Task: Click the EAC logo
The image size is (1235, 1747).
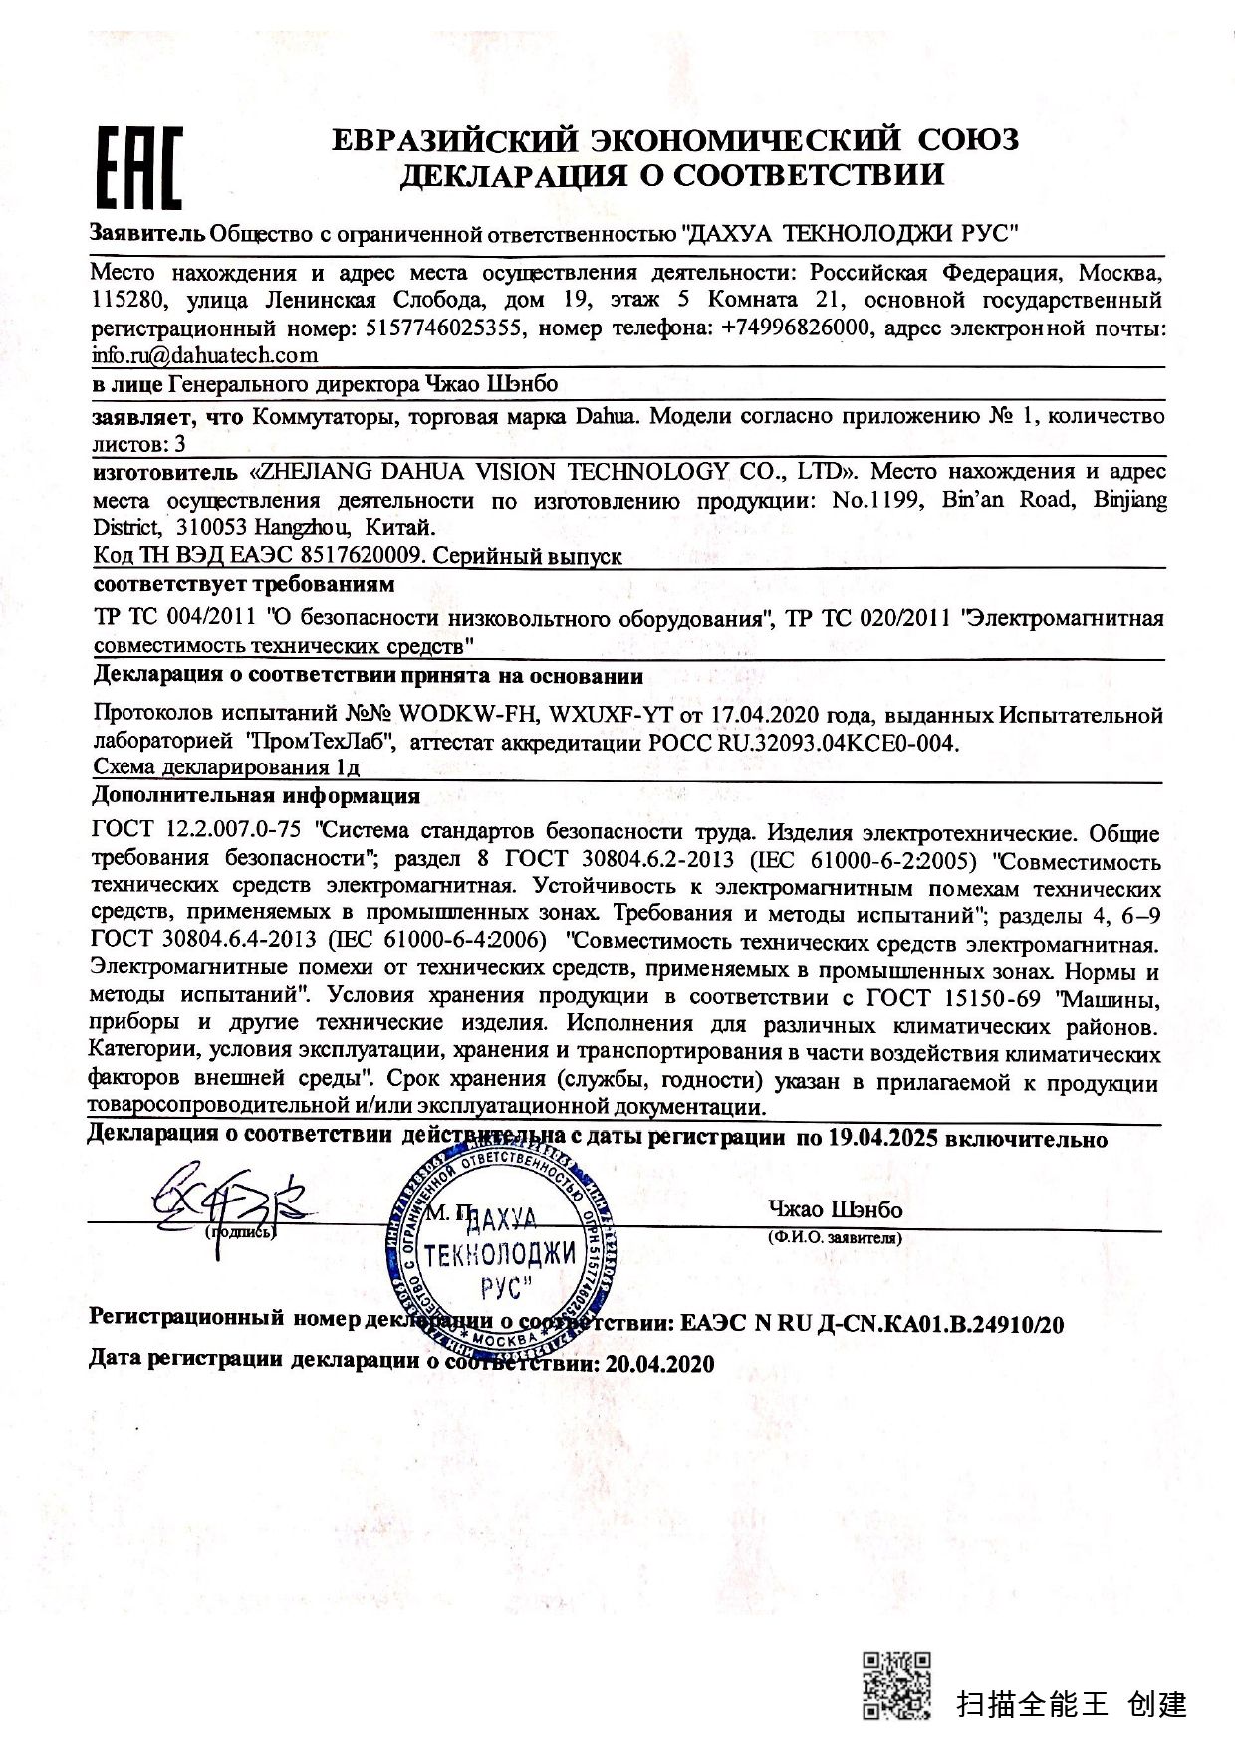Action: click(138, 169)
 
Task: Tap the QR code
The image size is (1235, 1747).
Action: click(895, 1684)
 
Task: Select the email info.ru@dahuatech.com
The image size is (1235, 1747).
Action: click(204, 355)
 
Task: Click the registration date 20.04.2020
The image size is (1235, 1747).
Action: click(659, 1364)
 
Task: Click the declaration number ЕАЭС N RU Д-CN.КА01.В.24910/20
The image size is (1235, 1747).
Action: click(872, 1324)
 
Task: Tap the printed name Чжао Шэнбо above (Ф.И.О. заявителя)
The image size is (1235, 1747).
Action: click(835, 1209)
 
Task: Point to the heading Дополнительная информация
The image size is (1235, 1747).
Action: click(256, 796)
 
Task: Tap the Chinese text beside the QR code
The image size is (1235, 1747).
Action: click(1072, 1704)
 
